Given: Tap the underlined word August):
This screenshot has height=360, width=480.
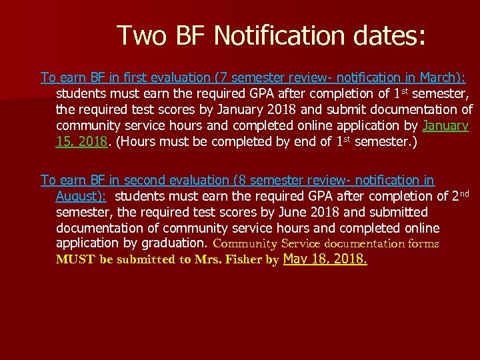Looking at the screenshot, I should click(x=81, y=196).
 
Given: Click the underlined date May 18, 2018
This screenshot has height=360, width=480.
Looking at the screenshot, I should click(x=325, y=259).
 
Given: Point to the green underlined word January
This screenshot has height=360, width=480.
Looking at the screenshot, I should click(x=446, y=125).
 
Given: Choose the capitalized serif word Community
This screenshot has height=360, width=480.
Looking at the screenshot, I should click(x=245, y=244).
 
